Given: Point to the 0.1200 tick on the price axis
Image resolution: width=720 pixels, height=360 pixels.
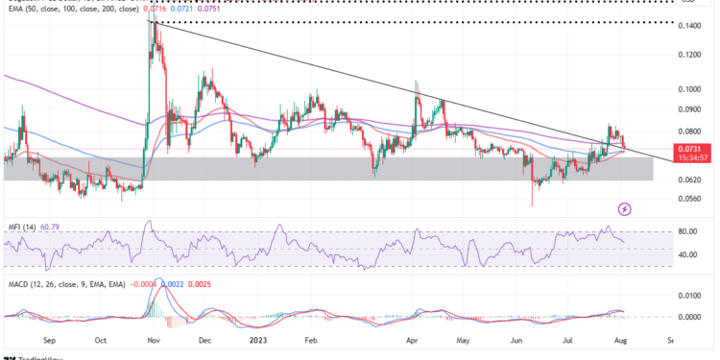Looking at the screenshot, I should click(689, 56).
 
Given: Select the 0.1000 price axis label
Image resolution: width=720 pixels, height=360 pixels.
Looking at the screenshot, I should click(689, 89).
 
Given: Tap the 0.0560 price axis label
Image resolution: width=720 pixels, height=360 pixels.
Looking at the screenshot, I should click(689, 200).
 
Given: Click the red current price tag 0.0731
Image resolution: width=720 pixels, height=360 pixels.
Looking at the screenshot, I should click(689, 148).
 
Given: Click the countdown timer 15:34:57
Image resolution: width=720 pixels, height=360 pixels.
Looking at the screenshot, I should click(689, 157).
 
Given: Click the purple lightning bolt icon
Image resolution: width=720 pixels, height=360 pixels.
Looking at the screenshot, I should click(625, 208).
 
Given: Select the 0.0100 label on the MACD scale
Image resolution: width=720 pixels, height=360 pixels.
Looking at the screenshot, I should click(689, 297).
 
